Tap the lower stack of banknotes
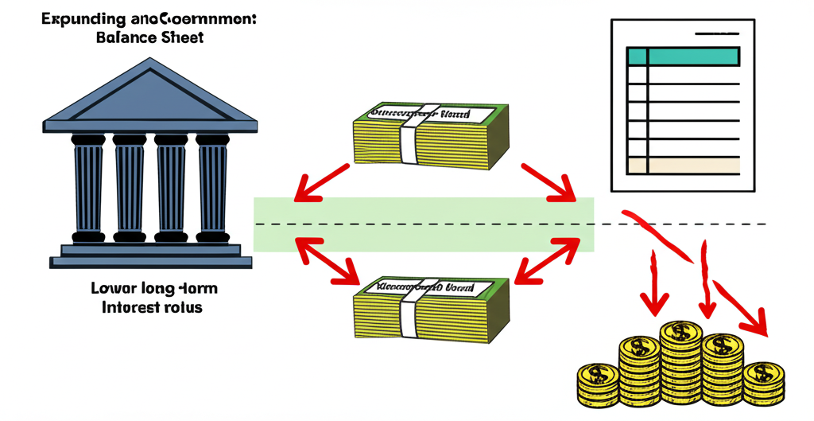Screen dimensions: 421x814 click(429, 306)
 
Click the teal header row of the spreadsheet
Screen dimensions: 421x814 click(684, 56)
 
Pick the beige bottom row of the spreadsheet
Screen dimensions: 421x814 click(684, 166)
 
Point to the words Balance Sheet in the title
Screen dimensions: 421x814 click(149, 37)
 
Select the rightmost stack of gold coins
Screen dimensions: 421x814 click(762, 382)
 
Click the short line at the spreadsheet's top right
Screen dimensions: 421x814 click(718, 33)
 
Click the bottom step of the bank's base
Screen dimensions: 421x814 click(151, 261)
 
